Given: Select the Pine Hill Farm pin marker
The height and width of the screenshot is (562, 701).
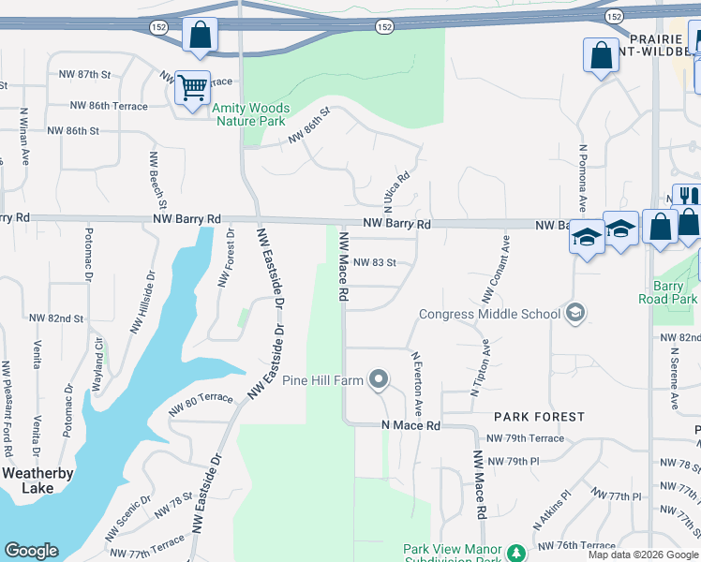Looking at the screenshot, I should pyautogui.click(x=379, y=379).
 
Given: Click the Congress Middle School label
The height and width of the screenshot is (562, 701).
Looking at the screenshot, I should pyautogui.click(x=489, y=314).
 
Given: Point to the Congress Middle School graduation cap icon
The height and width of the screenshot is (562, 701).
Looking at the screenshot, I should pyautogui.click(x=576, y=313).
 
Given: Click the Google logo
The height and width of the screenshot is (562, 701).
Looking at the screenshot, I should pyautogui.click(x=31, y=551).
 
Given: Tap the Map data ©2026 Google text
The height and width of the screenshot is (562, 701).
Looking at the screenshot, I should pyautogui.click(x=643, y=554).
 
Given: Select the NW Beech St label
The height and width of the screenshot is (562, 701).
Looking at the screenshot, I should pyautogui.click(x=157, y=180).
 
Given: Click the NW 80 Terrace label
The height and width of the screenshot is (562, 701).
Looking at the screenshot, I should pyautogui.click(x=201, y=404).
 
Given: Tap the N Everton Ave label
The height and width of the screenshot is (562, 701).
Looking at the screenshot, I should pyautogui.click(x=418, y=383).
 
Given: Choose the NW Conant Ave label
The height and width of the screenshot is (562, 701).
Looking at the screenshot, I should pyautogui.click(x=497, y=268).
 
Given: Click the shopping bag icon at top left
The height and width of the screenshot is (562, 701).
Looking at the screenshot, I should pyautogui.click(x=200, y=36).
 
